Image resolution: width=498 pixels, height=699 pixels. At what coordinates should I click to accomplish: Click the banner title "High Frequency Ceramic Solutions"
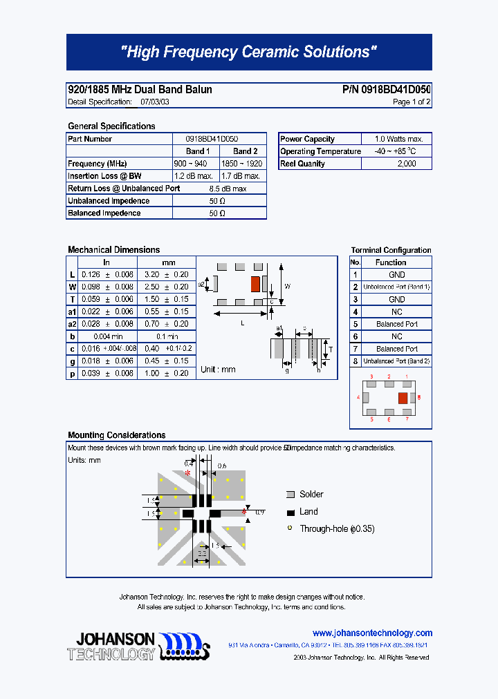tap(249, 52)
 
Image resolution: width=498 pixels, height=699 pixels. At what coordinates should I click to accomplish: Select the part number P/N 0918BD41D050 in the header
tap(387, 90)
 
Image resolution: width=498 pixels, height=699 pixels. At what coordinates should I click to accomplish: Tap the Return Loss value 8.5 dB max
tap(228, 189)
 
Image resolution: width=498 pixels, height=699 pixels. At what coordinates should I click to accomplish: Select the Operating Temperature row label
tap(320, 152)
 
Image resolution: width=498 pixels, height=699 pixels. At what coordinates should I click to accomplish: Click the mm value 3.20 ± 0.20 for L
tap(167, 275)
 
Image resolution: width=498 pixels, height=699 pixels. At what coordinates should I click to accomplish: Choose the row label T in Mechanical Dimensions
tap(73, 299)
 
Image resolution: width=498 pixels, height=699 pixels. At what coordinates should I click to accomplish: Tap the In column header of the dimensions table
tap(107, 262)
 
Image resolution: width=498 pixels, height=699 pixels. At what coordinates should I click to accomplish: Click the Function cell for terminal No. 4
tap(396, 312)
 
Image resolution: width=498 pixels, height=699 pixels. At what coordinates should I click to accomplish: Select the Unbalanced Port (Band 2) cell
tap(396, 361)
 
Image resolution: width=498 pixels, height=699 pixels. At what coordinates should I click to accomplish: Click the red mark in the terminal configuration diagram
tap(402, 398)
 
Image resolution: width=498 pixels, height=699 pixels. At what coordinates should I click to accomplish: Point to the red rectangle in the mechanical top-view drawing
tap(255, 283)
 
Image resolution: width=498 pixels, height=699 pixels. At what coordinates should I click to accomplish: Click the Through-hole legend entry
tap(336, 529)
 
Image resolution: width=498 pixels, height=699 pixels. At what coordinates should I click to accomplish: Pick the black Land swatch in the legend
tap(290, 513)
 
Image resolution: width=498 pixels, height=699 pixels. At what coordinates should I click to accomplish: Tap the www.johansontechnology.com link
tap(372, 633)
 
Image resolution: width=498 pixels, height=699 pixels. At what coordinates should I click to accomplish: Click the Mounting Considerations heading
tap(116, 435)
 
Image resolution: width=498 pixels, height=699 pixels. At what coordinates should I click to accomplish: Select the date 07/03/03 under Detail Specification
tap(154, 102)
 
